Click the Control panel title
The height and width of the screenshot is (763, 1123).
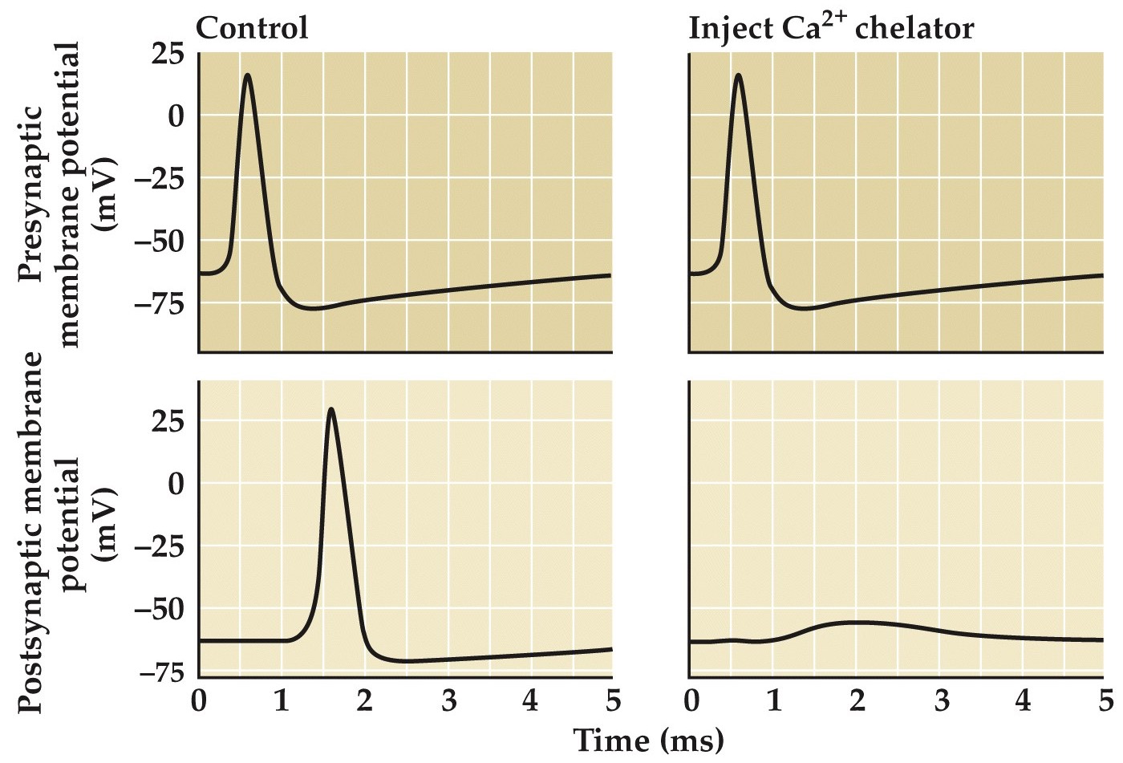click(x=252, y=29)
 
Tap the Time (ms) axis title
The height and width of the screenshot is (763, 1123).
click(x=648, y=739)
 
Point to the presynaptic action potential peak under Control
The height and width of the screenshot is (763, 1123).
click(x=247, y=75)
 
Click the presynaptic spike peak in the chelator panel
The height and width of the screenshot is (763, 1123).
click(x=738, y=75)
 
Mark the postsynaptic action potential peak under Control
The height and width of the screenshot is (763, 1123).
click(x=330, y=409)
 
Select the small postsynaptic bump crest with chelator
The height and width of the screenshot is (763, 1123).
click(x=857, y=622)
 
